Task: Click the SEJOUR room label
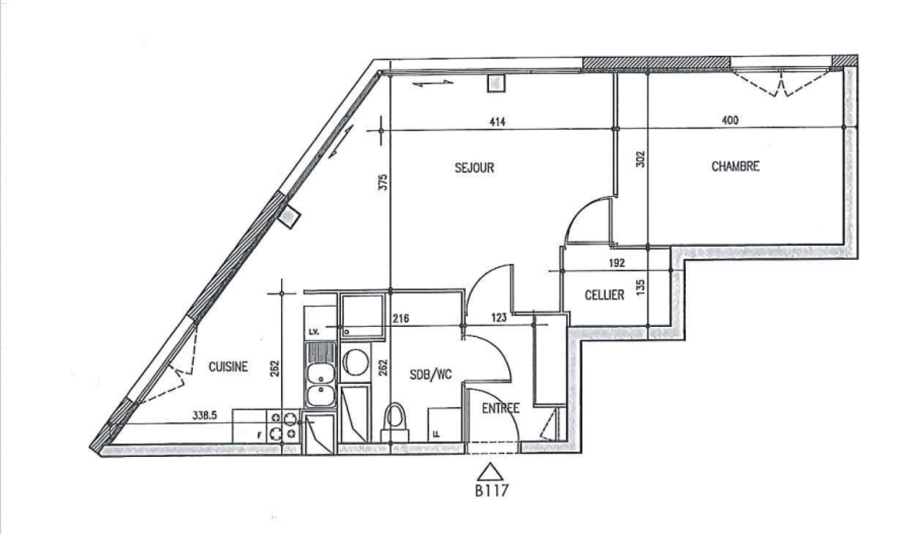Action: pyautogui.click(x=474, y=168)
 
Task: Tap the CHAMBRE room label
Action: pyautogui.click(x=735, y=167)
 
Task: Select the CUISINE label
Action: pyautogui.click(x=228, y=367)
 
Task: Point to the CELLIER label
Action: pyautogui.click(x=605, y=295)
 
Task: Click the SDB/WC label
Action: pyautogui.click(x=430, y=375)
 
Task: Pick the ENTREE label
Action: pyautogui.click(x=500, y=408)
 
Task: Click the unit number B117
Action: pyautogui.click(x=491, y=491)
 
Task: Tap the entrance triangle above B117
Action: pyautogui.click(x=490, y=472)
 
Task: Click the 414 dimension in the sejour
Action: pyautogui.click(x=497, y=122)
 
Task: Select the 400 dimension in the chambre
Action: pyautogui.click(x=730, y=120)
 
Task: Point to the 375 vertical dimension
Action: pyautogui.click(x=383, y=182)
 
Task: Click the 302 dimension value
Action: pyautogui.click(x=640, y=159)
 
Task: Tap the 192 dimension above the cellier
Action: pyautogui.click(x=617, y=263)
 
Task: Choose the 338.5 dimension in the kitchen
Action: pyautogui.click(x=205, y=416)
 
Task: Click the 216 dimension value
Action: pyautogui.click(x=401, y=319)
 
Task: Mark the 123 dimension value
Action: pyautogui.click(x=499, y=317)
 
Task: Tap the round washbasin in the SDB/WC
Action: pyautogui.click(x=356, y=362)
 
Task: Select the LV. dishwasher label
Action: pyautogui.click(x=314, y=332)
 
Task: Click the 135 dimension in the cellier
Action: pyautogui.click(x=640, y=287)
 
